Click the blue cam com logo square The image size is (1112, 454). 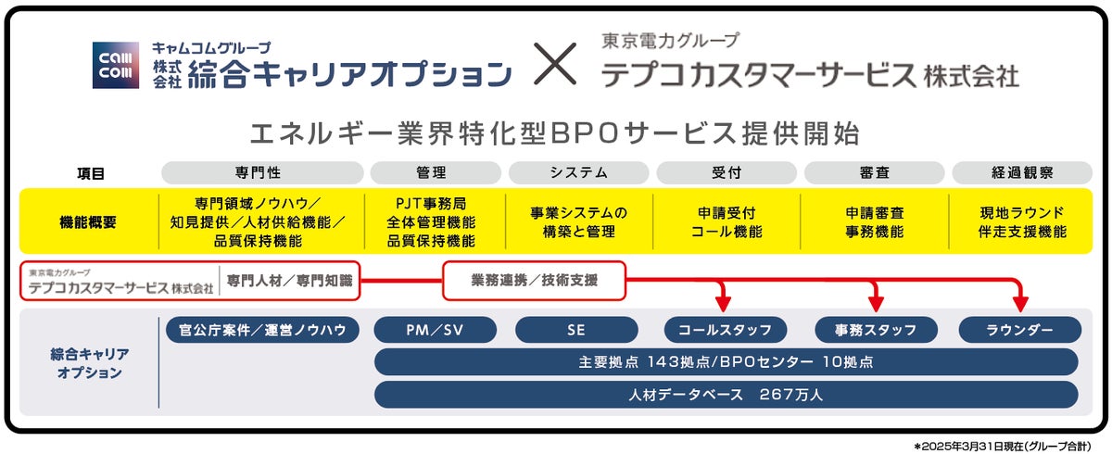pyautogui.click(x=116, y=66)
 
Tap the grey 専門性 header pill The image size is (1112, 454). pyautogui.click(x=262, y=172)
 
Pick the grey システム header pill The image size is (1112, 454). pyautogui.click(x=579, y=172)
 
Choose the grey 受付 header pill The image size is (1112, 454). pyautogui.click(x=727, y=172)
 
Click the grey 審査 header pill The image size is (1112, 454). pyautogui.click(x=874, y=172)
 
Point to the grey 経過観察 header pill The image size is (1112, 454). pyautogui.click(x=1022, y=172)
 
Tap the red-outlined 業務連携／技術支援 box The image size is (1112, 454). pyautogui.click(x=535, y=281)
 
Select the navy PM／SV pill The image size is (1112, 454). pyautogui.click(x=436, y=330)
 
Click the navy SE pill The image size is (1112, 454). pyautogui.click(x=576, y=330)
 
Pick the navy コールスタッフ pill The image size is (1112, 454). pyautogui.click(x=726, y=330)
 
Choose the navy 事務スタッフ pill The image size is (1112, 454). pyautogui.click(x=875, y=330)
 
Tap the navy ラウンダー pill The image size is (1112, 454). pyautogui.click(x=1019, y=330)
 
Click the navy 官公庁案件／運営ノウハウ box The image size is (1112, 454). pyautogui.click(x=262, y=330)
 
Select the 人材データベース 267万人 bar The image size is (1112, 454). pyautogui.click(x=726, y=395)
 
